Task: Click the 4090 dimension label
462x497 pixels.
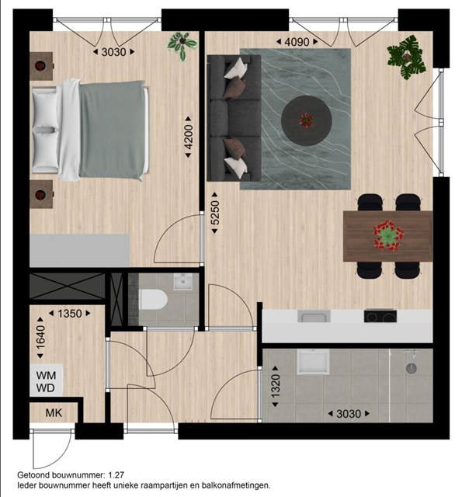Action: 297,42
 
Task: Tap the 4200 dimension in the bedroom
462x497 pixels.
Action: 188,137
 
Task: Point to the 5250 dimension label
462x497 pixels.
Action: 214,213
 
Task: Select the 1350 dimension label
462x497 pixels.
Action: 70,314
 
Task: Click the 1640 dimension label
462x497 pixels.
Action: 40,338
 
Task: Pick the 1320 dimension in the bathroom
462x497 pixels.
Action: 275,387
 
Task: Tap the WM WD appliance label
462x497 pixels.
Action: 46,381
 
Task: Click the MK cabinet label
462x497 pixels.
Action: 54,412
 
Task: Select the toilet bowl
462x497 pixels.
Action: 153,300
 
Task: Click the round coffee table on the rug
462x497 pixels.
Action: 307,120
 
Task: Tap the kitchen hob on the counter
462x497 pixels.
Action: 380,316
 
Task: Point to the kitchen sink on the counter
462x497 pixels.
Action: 314,316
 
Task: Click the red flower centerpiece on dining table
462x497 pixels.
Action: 388,235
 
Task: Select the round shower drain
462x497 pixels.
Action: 411,368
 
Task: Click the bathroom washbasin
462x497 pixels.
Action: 312,362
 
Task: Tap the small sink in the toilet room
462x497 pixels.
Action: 182,282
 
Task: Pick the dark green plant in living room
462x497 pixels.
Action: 407,57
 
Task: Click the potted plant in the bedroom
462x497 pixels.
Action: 182,45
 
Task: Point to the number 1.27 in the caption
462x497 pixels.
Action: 116,475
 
